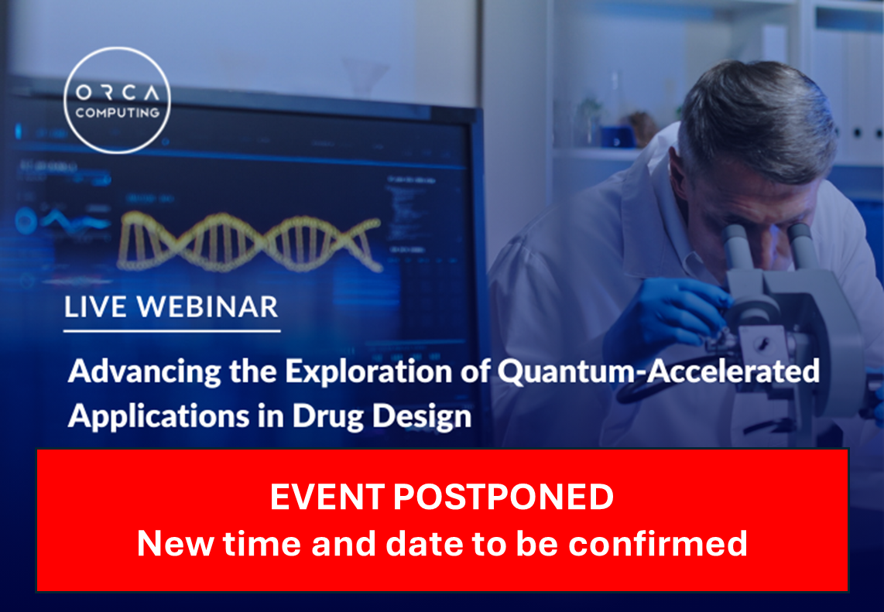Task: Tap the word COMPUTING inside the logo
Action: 117,113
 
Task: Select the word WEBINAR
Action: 208,307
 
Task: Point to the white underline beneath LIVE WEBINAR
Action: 172,331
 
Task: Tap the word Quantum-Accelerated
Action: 659,371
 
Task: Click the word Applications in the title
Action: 159,418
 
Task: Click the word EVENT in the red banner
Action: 327,497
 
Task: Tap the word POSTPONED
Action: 503,497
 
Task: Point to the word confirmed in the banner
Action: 657,543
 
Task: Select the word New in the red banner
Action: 176,543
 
